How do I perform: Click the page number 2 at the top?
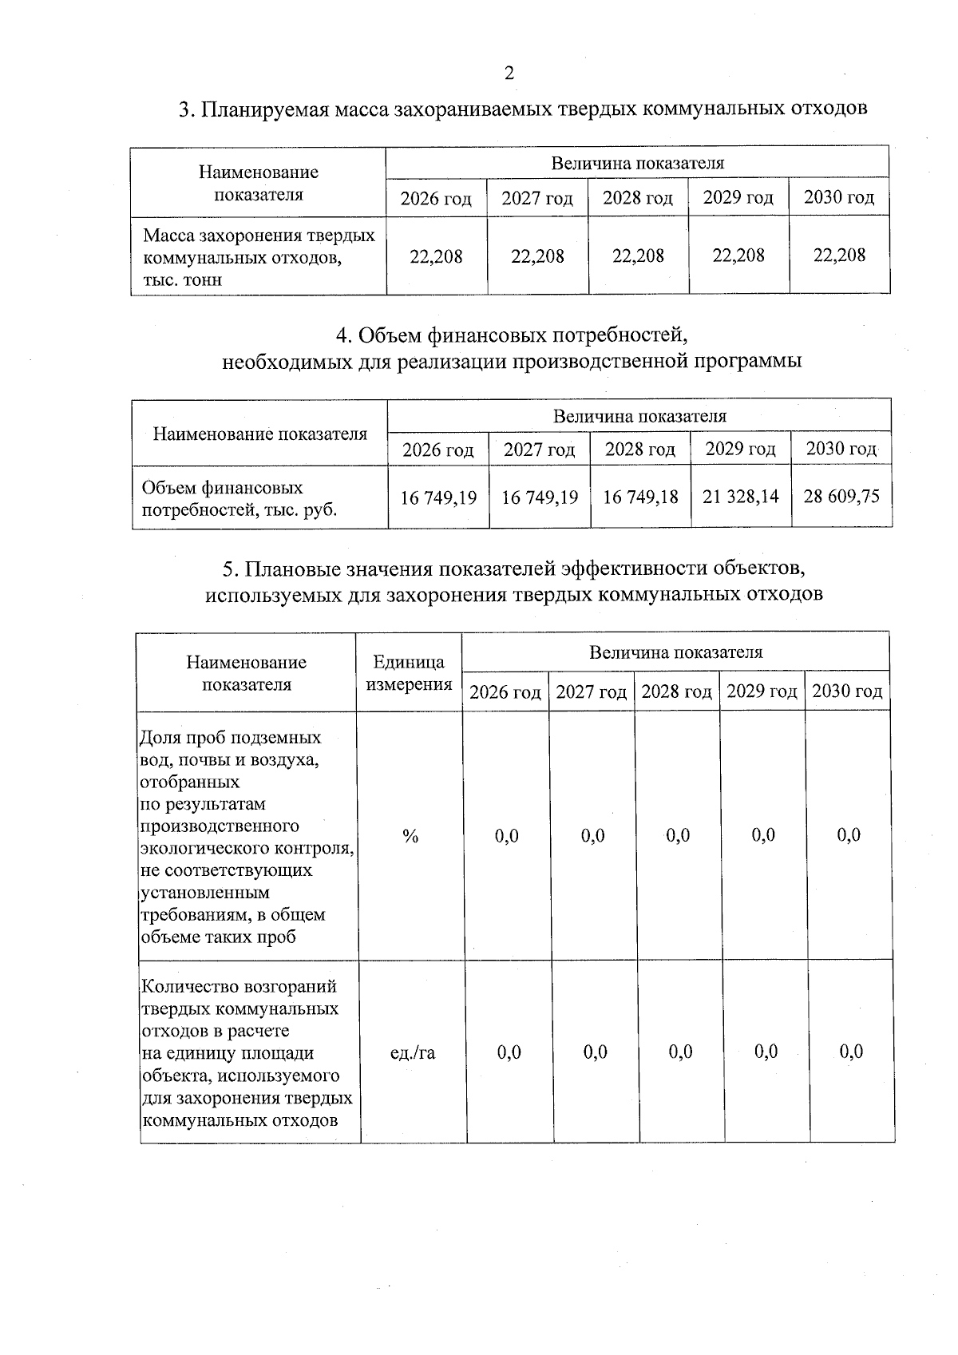[x=509, y=73]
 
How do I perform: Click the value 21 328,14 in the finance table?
[x=741, y=497]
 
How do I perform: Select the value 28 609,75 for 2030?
[x=841, y=496]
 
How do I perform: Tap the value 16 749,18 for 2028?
[x=640, y=497]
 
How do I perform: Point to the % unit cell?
[x=410, y=836]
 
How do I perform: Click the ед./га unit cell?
[x=413, y=1053]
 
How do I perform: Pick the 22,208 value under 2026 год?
[x=436, y=256]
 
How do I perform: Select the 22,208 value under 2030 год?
[x=839, y=255]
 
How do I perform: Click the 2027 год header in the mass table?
[x=537, y=199]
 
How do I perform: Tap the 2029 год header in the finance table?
[x=741, y=450]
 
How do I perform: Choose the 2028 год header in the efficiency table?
[x=677, y=691]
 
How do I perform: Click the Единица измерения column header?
[x=409, y=673]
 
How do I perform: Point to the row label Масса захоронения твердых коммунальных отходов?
[x=258, y=257]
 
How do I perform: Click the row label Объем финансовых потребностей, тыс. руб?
[x=239, y=498]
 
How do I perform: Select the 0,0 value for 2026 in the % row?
[x=507, y=836]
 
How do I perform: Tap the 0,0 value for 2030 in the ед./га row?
[x=851, y=1052]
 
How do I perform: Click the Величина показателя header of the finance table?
[x=639, y=416]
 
